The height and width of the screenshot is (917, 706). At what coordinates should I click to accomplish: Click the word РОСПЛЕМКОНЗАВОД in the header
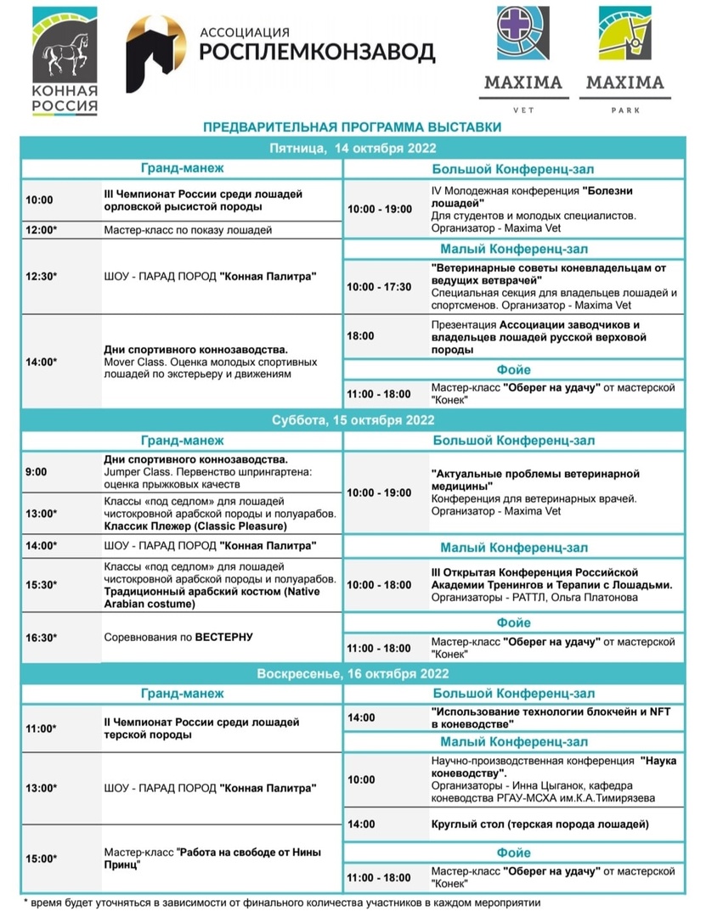click(316, 52)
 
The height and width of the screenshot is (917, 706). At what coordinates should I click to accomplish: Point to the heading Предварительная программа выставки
click(352, 127)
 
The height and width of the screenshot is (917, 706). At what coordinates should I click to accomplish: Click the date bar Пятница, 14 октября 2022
click(352, 148)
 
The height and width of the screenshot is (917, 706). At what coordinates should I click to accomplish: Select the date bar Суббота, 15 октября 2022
click(352, 420)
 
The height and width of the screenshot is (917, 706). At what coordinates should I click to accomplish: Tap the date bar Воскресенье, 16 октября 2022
click(352, 673)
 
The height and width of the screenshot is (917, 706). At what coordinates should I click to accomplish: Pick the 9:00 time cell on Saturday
click(37, 471)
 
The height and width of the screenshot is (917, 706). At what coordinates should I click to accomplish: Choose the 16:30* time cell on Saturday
click(40, 636)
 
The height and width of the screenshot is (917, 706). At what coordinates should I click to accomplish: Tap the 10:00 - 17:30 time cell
click(379, 286)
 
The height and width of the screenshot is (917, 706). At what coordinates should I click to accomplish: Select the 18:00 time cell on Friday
click(360, 336)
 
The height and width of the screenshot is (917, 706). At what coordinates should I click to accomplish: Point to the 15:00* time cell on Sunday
click(40, 858)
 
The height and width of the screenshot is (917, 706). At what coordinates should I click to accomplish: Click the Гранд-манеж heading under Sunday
click(183, 693)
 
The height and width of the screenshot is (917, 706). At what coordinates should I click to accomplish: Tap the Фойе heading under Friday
click(512, 369)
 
